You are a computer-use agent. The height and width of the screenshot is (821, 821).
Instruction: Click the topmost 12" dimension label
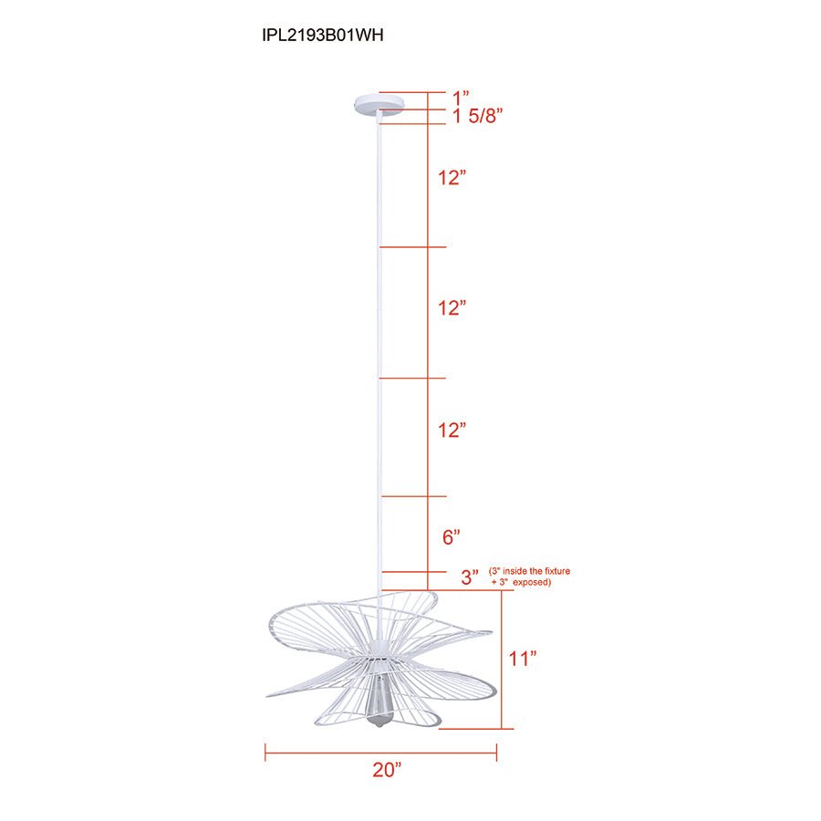452,178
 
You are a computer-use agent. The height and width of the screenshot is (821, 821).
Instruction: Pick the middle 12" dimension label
452,308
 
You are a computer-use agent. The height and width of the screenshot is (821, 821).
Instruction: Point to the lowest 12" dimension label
452,430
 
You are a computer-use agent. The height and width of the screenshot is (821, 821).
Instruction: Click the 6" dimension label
452,537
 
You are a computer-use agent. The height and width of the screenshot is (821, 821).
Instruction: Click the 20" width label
387,770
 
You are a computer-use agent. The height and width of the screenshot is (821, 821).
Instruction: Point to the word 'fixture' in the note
555,571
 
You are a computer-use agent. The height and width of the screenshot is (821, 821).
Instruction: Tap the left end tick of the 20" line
265,752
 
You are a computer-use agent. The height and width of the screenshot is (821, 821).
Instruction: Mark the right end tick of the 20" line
496,752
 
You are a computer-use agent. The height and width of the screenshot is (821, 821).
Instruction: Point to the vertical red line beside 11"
501,660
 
